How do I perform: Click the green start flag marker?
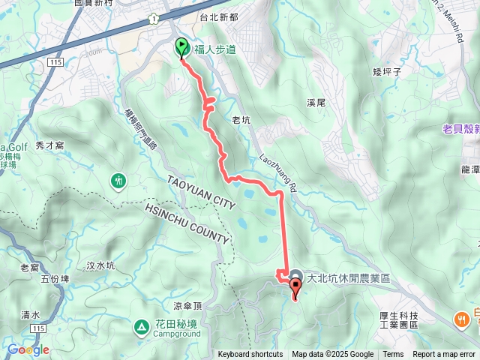pyautogui.click(x=182, y=48)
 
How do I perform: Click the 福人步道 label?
pyautogui.click(x=215, y=50)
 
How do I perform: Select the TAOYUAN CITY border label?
pyautogui.click(x=202, y=193)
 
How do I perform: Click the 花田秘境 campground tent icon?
pyautogui.click(x=141, y=326)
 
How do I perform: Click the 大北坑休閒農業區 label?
pyautogui.click(x=347, y=277)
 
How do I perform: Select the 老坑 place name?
pyautogui.click(x=241, y=119)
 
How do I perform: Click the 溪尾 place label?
pyautogui.click(x=316, y=101)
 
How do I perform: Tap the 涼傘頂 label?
pyautogui.click(x=188, y=305)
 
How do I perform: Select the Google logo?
pyautogui.click(x=28, y=349)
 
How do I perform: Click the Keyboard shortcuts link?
pyautogui.click(x=250, y=355)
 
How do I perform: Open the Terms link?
pyautogui.click(x=393, y=355)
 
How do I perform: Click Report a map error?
pyautogui.click(x=445, y=355)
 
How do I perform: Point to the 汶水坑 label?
pyautogui.click(x=100, y=265)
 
